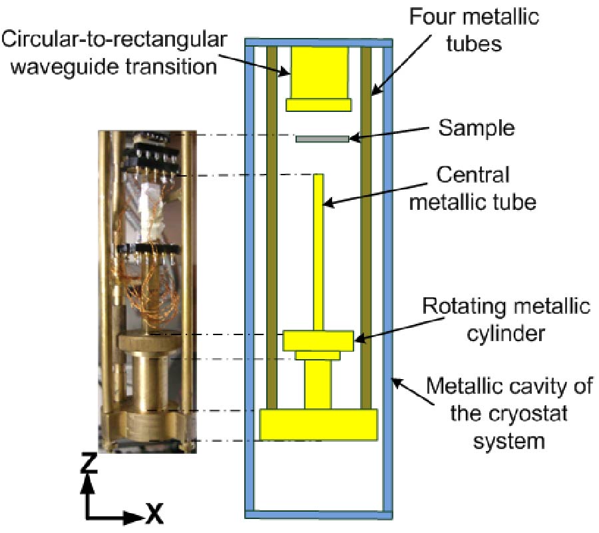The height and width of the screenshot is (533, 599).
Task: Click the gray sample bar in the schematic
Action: [x=321, y=139]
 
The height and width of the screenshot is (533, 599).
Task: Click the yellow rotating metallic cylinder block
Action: [x=318, y=340]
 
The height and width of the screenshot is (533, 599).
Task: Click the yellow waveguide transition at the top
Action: [x=318, y=73]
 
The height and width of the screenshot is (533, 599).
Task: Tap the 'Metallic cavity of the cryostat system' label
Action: [x=509, y=413]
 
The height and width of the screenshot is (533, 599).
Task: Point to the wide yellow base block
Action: [x=318, y=424]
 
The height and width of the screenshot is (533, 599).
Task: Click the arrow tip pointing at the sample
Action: [x=353, y=139]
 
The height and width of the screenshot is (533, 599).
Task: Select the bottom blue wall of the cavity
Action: [x=318, y=514]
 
